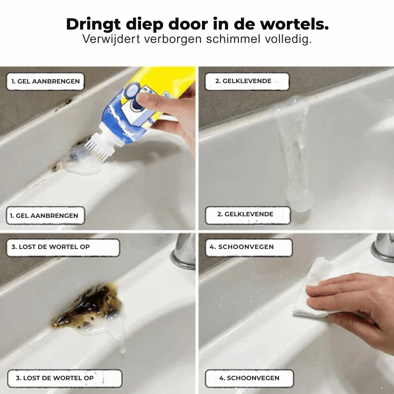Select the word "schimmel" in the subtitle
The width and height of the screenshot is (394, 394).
click(233, 39)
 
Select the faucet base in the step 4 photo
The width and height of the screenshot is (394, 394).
click(383, 249)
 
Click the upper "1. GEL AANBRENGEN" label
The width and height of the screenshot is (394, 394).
click(45, 82)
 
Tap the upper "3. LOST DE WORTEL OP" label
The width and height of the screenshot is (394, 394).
click(63, 247)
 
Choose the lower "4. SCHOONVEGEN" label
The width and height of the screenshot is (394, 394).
click(249, 378)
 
